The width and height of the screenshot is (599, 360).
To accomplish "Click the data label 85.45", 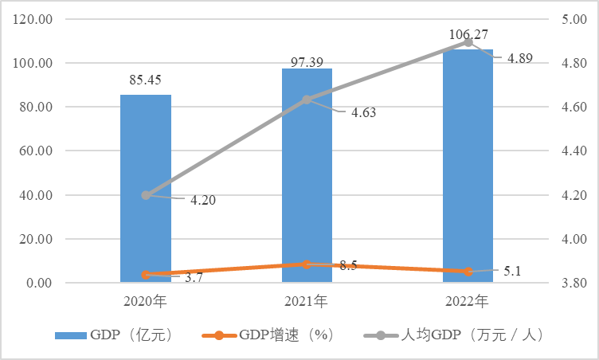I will pos(146,80).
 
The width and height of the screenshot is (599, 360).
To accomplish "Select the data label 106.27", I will pos(468,34).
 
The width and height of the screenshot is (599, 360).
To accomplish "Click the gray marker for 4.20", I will pos(146,195).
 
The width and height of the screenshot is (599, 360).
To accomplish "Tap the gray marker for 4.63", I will pos(307,100).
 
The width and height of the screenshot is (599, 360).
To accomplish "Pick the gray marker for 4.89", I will pos(468,43).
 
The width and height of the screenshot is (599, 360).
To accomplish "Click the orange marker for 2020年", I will pos(146,275).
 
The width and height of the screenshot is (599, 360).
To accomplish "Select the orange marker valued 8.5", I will pos(307,264).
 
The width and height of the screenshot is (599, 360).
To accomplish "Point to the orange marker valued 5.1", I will pos(468,272).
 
